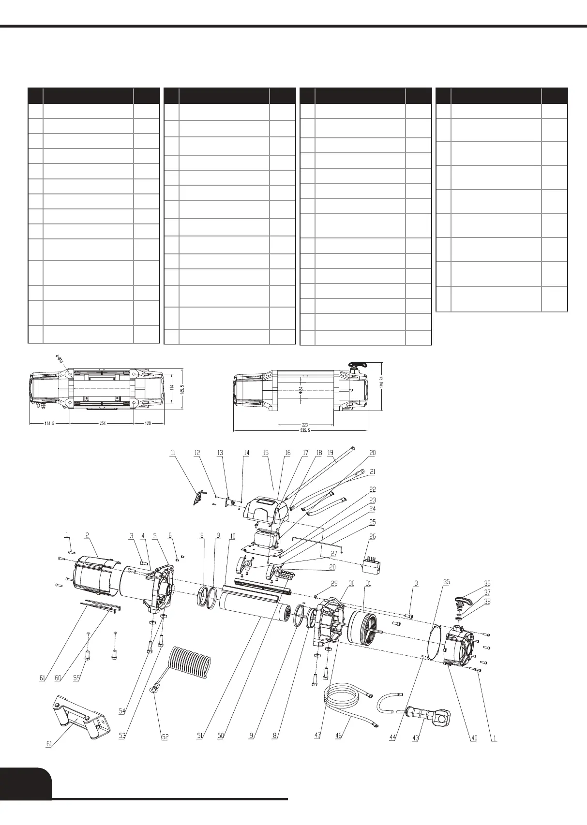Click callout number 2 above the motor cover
coord(87,535)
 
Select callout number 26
coord(372,537)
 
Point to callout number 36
coord(487,584)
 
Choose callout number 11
coord(173,453)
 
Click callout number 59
coord(76,678)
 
